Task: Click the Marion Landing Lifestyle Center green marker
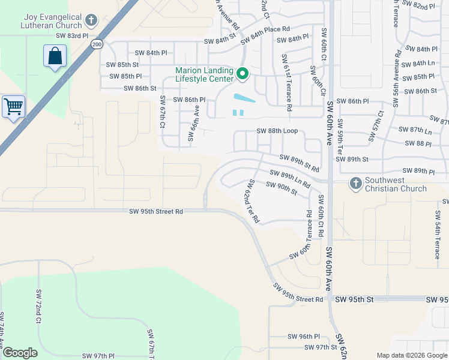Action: coord(243,74)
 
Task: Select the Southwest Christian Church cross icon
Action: coord(356,184)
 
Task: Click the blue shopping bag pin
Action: coord(55,56)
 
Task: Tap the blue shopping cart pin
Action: coord(13,107)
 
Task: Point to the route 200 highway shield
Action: coord(97,44)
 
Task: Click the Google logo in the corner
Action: coord(19,353)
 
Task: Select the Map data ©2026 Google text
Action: coord(411,355)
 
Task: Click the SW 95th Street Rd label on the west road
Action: coord(155,211)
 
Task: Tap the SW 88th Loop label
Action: coord(277,131)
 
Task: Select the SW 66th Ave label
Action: coord(193,124)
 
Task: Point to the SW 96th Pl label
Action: coord(304,337)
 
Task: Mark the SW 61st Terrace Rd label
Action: coord(286,82)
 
